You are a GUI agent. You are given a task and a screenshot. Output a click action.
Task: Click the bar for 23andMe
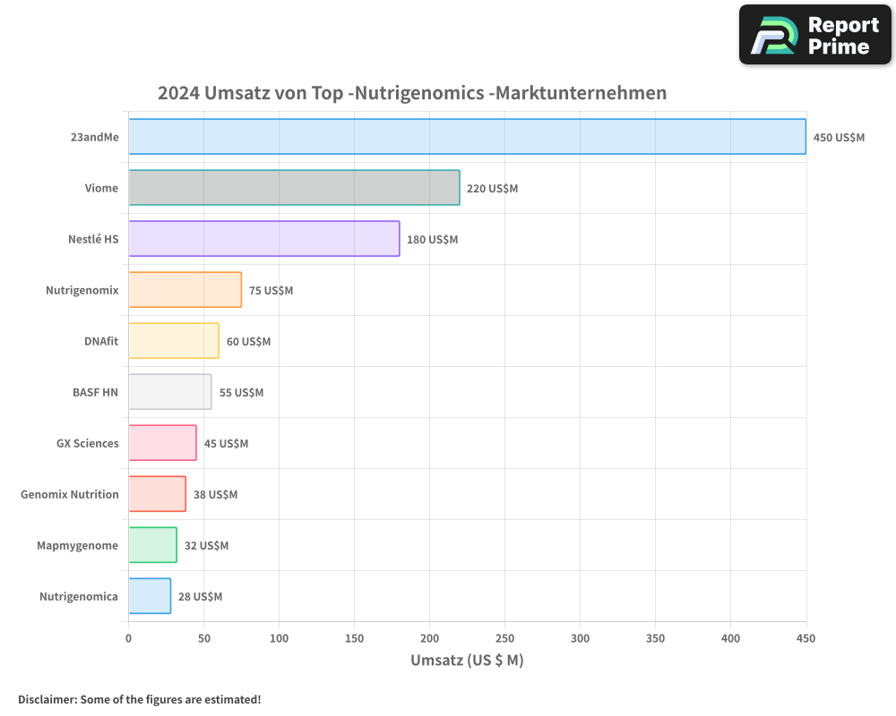pyautogui.click(x=467, y=137)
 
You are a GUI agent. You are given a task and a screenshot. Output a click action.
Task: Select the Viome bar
pyautogui.click(x=294, y=188)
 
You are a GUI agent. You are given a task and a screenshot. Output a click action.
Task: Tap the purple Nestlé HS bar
pyautogui.click(x=263, y=239)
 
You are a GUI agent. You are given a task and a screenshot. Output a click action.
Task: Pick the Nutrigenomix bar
pyautogui.click(x=185, y=290)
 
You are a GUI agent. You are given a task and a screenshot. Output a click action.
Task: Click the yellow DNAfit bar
pyautogui.click(x=174, y=341)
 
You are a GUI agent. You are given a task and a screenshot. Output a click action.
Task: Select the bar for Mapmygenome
pyautogui.click(x=152, y=545)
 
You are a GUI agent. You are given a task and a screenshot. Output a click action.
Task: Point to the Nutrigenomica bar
pyautogui.click(x=150, y=596)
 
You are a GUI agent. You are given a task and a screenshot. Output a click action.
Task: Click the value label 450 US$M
pyautogui.click(x=839, y=138)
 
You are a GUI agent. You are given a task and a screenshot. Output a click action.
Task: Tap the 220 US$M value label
pyautogui.click(x=492, y=189)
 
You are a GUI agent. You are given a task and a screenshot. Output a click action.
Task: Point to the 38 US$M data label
pyautogui.click(x=215, y=495)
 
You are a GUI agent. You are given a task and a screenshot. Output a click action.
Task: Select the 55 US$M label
pyautogui.click(x=241, y=393)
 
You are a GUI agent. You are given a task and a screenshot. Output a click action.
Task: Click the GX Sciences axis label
pyautogui.click(x=87, y=444)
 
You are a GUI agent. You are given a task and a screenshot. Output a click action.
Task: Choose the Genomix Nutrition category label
pyautogui.click(x=70, y=495)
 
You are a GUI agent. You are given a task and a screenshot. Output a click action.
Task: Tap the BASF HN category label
pyautogui.click(x=95, y=393)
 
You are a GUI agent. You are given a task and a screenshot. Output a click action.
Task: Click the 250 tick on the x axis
pyautogui.click(x=504, y=638)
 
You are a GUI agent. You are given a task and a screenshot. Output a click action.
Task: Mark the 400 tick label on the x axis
pyautogui.click(x=730, y=638)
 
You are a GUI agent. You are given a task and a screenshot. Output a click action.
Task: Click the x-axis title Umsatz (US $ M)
pyautogui.click(x=467, y=661)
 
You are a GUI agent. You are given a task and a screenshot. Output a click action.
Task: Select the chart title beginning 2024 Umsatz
pyautogui.click(x=412, y=93)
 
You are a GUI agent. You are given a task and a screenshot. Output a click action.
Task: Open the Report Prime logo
pyautogui.click(x=815, y=35)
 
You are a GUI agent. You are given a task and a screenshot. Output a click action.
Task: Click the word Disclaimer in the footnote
pyautogui.click(x=46, y=700)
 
